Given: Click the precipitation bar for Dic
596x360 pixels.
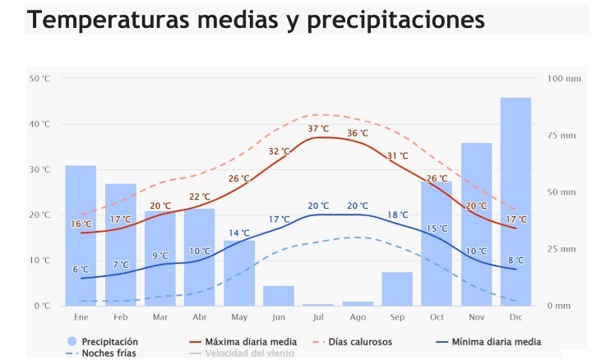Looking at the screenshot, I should tap(515, 201).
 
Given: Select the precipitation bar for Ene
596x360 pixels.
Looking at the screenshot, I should tap(81, 235).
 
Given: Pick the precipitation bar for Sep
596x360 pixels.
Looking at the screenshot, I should tap(397, 288).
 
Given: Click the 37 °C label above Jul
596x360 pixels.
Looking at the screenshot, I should tap(318, 129).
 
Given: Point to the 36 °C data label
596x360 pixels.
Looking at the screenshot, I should tap(358, 133).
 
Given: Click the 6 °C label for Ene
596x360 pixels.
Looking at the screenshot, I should tap(81, 270).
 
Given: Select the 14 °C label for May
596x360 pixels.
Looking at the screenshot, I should tap(239, 233).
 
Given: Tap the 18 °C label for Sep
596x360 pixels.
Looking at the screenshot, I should tap(398, 215).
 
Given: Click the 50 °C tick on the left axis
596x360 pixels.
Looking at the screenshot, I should tap(39, 79).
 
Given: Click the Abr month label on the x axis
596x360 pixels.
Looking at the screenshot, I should tap(200, 316).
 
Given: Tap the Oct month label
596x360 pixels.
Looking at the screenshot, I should tap(437, 316).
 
